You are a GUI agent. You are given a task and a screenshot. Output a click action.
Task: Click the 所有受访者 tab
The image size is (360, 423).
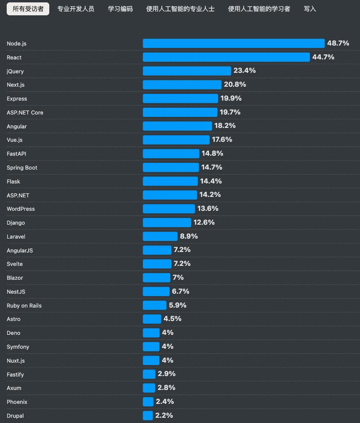[x=28, y=9]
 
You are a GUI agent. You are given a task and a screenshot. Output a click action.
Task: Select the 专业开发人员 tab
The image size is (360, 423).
[x=76, y=9]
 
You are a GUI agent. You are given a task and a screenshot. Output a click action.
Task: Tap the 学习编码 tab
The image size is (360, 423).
[x=120, y=9]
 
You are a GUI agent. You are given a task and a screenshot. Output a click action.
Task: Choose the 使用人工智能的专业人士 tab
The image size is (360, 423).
[x=180, y=9]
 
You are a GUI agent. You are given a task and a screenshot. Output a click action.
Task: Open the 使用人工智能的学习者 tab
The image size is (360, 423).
[x=259, y=9]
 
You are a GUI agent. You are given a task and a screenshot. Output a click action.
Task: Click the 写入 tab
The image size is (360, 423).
[x=310, y=9]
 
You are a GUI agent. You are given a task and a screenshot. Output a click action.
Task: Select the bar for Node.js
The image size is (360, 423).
[x=234, y=44]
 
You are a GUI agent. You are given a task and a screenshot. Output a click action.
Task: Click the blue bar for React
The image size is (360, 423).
[x=226, y=57]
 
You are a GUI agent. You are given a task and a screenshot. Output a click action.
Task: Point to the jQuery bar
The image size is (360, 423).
[x=187, y=71]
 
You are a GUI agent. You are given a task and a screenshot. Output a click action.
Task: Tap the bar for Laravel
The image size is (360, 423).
[x=160, y=237]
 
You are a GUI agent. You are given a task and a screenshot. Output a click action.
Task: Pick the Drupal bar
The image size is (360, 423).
[x=148, y=416]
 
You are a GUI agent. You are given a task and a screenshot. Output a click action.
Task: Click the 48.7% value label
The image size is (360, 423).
[x=338, y=44]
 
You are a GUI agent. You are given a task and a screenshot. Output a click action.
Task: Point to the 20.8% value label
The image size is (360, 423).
[x=235, y=85]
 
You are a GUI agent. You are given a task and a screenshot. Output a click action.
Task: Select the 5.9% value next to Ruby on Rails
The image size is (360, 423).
[x=178, y=305]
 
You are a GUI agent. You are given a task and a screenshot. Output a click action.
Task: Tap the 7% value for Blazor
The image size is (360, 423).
[x=178, y=278]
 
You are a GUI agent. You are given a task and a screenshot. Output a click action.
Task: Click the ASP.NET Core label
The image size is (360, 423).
[x=25, y=113]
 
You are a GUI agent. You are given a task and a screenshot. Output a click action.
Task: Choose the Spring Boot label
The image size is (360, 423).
[x=22, y=168]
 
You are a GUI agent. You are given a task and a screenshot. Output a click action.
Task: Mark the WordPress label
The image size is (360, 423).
[x=21, y=209]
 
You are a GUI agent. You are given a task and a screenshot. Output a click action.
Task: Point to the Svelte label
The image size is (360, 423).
[x=15, y=264]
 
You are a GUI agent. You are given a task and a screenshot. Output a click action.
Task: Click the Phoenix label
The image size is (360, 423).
[x=17, y=402]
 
